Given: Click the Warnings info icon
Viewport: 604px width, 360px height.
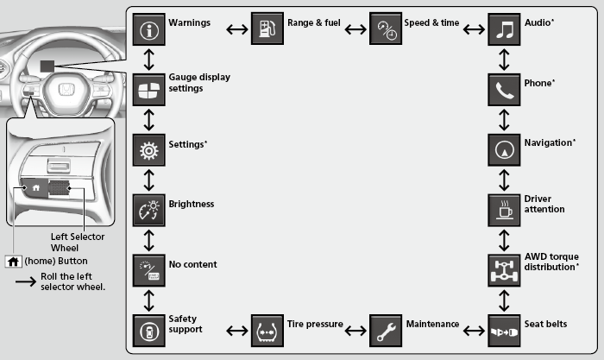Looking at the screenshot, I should pos(149,30).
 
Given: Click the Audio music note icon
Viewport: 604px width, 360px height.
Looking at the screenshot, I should pos(504,30).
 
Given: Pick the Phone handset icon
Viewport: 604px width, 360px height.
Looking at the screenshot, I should pos(504,90).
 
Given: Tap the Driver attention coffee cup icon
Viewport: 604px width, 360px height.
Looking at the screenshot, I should pos(504,209).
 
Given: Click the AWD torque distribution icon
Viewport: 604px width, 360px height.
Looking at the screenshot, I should pos(504,268).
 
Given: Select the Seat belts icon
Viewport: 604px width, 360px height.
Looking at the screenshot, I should pos(504,329).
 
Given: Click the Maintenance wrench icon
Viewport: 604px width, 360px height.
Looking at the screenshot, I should pos(385,329).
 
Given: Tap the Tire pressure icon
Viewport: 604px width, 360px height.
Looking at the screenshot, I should pos(267,329).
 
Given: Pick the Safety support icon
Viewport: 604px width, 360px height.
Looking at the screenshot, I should pos(149,329).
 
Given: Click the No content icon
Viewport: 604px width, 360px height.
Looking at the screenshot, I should pos(149,268).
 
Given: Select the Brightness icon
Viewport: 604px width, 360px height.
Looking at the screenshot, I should pos(149,209).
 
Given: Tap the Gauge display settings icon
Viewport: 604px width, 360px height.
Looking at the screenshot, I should pos(149,90).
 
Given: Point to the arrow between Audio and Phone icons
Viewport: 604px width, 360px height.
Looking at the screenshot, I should pos(504,60).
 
